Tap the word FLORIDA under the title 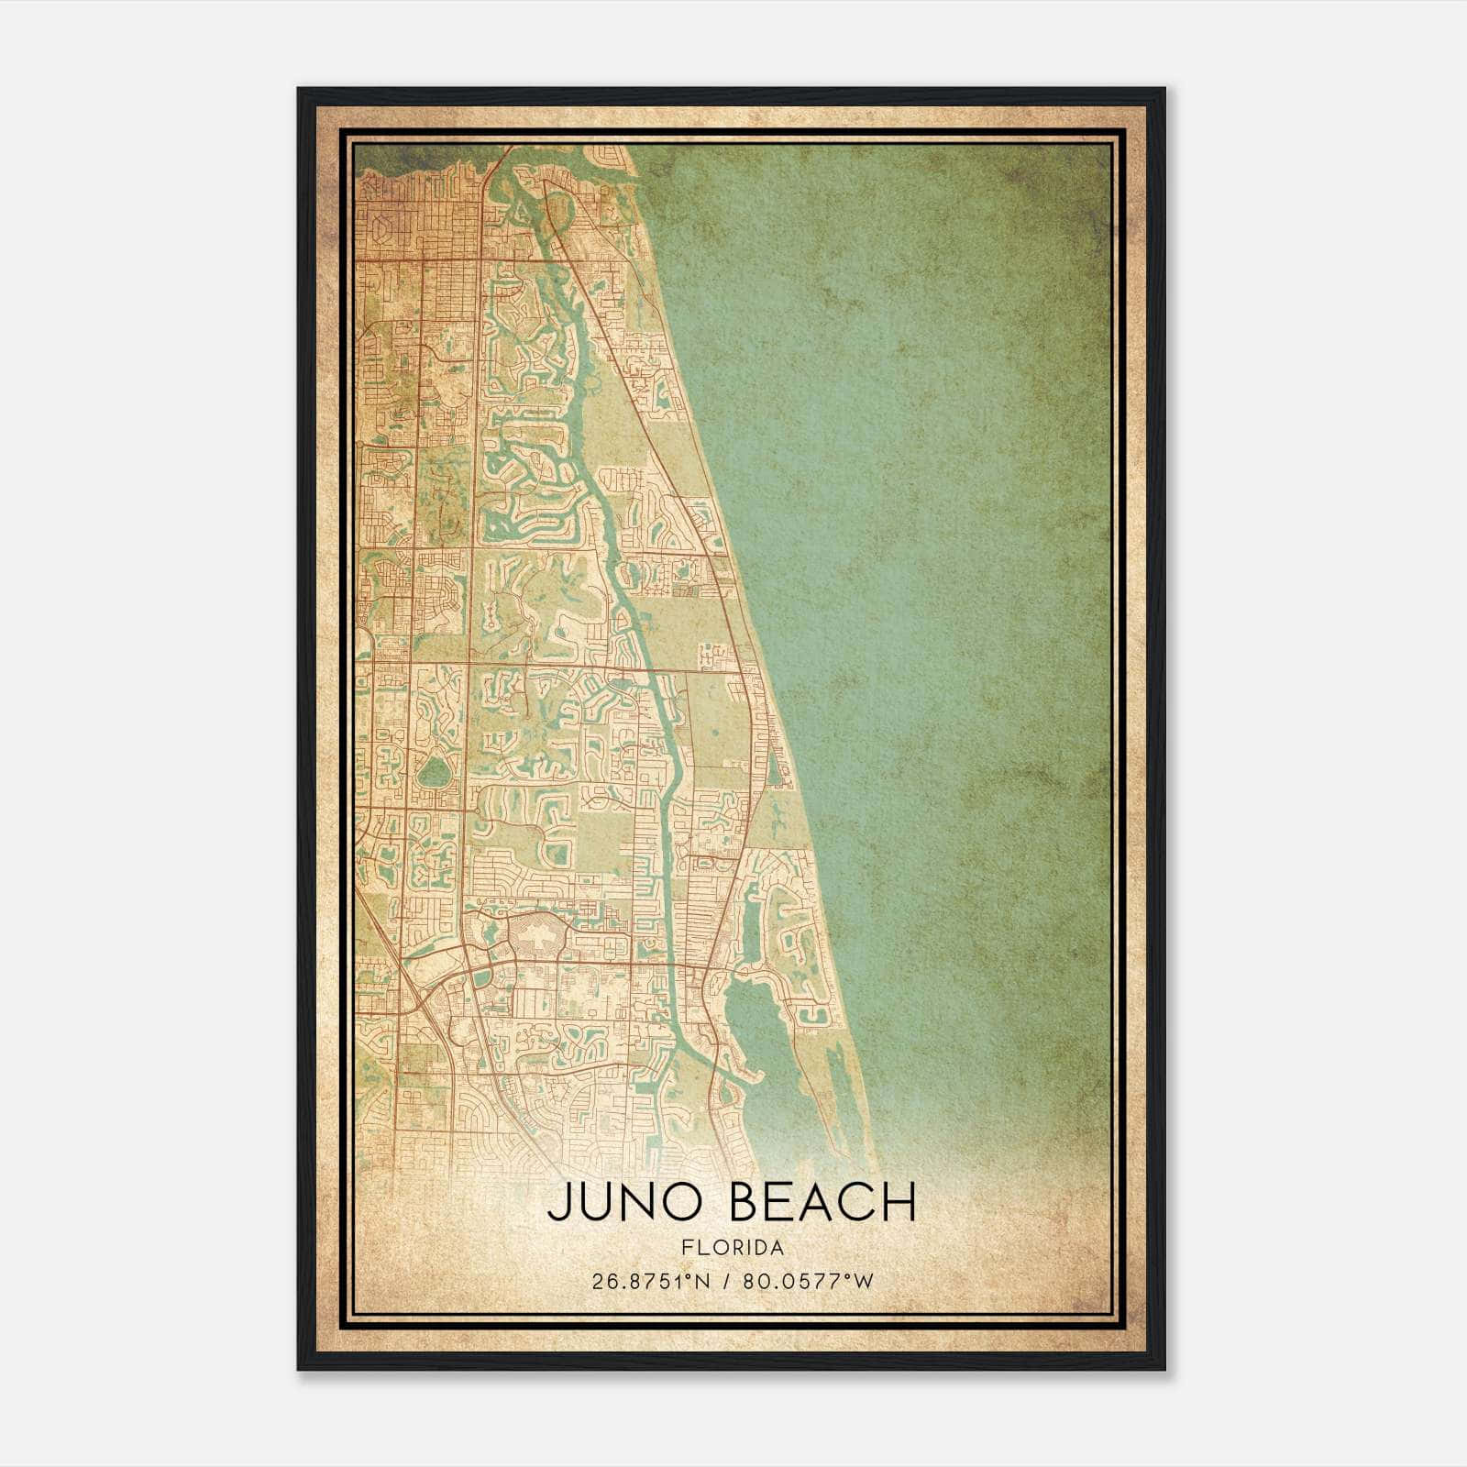click(733, 1248)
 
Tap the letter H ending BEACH click(902, 1202)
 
